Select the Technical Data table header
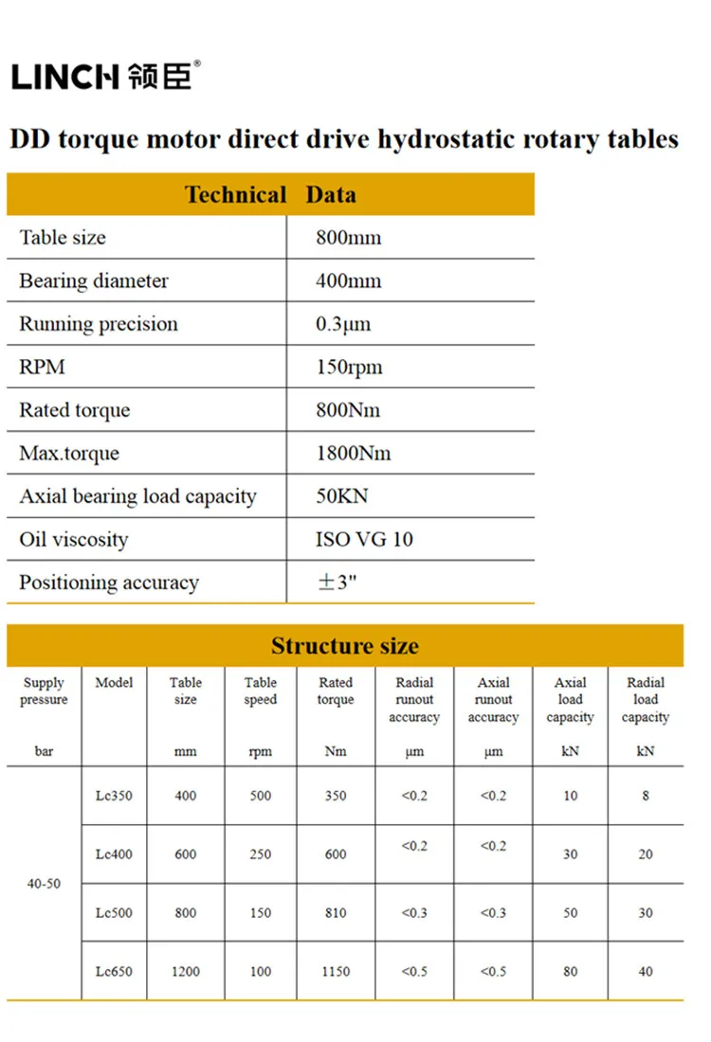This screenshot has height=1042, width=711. click(270, 195)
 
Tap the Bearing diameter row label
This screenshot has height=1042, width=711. click(94, 281)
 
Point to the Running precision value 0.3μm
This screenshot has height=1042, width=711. click(343, 324)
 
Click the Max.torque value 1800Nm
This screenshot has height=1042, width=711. click(353, 454)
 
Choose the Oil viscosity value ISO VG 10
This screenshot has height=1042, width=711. click(364, 540)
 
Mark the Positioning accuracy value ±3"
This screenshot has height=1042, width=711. click(337, 583)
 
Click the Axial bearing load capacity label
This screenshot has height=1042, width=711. click(137, 496)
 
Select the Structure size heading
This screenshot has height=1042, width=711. click(344, 646)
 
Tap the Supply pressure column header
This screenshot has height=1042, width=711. click(44, 692)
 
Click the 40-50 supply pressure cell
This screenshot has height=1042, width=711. click(44, 884)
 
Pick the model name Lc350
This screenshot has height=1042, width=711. click(114, 796)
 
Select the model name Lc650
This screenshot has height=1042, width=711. click(114, 971)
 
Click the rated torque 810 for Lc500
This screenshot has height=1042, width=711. click(336, 913)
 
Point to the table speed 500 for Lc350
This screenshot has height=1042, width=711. click(261, 796)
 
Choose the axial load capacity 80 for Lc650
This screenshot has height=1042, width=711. click(570, 971)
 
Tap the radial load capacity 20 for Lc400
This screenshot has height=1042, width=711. click(646, 854)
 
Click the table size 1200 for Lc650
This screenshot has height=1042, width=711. click(186, 971)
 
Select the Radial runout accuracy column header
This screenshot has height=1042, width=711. click(414, 700)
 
